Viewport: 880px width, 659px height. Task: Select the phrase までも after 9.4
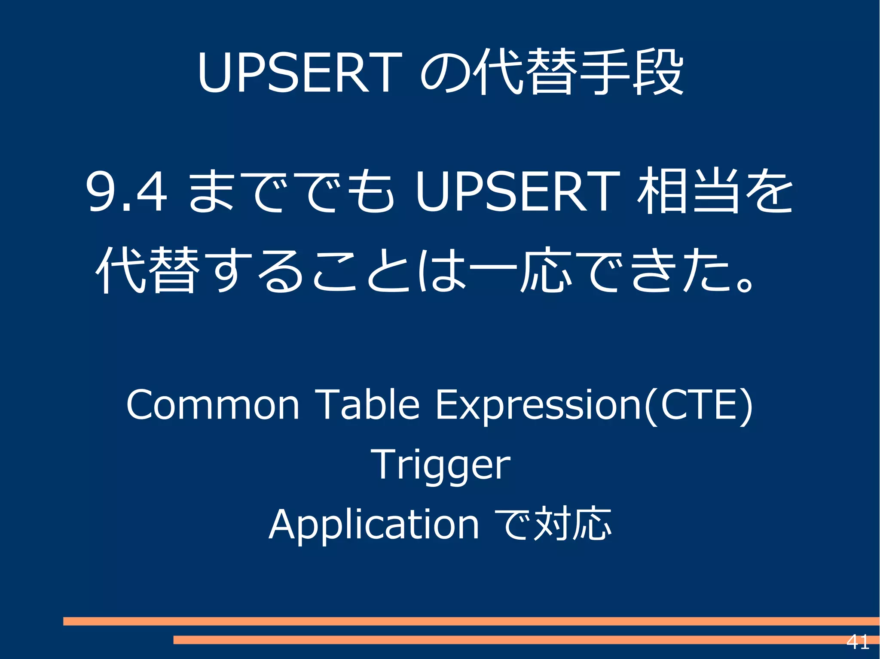(291, 191)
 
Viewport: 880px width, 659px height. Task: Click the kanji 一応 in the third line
(521, 270)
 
